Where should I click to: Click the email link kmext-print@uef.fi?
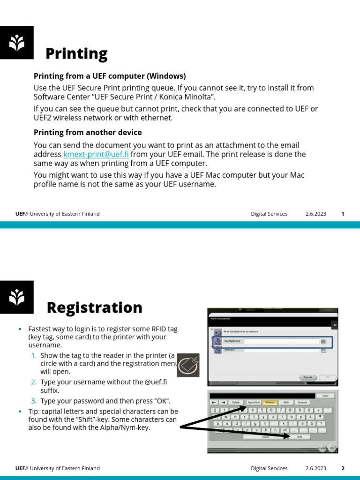(x=96, y=154)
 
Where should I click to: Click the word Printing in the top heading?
(x=76, y=54)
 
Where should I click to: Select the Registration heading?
(x=94, y=307)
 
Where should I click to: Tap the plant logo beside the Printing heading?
(x=17, y=43)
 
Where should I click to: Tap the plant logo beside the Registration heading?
(x=17, y=297)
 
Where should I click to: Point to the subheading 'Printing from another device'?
(x=88, y=132)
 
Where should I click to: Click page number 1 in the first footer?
(x=343, y=214)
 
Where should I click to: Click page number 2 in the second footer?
(x=343, y=468)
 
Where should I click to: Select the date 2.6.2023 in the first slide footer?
(x=315, y=214)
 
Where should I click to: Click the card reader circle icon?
(x=188, y=365)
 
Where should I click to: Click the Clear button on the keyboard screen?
(x=325, y=396)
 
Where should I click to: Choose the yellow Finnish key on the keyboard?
(x=270, y=402)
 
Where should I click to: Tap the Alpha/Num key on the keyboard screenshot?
(x=254, y=402)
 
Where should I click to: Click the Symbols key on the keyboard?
(x=302, y=402)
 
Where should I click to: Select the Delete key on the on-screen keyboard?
(x=236, y=402)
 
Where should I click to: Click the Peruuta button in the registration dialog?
(x=307, y=377)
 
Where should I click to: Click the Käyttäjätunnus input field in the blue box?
(x=281, y=342)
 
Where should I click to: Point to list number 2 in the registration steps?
(x=34, y=382)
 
